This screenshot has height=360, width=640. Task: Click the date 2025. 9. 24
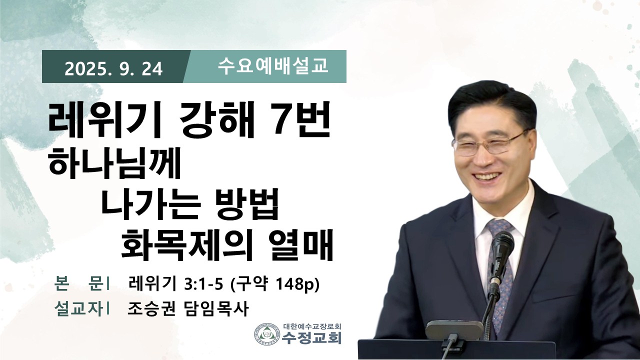pos(113,69)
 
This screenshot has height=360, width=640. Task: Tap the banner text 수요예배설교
pos(273,66)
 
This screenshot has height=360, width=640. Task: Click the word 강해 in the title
pos(217,121)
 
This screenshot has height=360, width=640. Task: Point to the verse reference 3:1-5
pos(203,284)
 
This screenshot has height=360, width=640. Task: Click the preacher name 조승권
pos(151,309)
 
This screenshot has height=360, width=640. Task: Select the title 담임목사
pos(215,309)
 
